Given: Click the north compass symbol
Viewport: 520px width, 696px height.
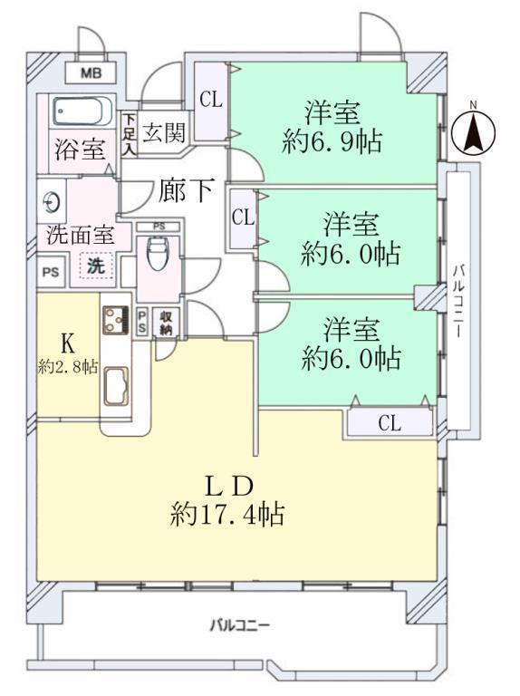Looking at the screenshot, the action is pos(473,130).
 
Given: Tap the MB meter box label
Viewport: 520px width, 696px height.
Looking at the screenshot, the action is pos(91,72).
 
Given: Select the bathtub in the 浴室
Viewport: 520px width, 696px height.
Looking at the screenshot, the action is pos(82,111).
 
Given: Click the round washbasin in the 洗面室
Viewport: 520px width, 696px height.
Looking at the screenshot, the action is pos(51,203).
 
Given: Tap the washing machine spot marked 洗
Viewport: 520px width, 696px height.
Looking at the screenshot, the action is pos(96,266).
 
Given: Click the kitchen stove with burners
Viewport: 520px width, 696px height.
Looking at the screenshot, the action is pos(115,320).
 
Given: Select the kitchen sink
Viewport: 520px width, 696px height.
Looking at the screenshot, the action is pos(116,386).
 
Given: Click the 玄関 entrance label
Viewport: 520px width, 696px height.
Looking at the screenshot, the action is pos(164,132).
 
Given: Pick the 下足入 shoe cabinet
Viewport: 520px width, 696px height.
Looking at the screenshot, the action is pos(130,134).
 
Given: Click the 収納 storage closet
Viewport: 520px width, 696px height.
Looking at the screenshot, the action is pos(167,323).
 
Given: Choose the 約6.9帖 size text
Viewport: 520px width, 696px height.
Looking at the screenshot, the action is pos(332,142).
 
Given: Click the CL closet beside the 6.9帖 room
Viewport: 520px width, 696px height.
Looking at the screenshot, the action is pos(211,101).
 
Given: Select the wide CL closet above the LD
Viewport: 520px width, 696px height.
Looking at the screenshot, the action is pos(390,423).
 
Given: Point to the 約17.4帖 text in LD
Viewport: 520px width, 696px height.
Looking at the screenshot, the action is pos(227,515).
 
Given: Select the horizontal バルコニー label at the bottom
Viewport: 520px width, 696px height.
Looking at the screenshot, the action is pos(239,626).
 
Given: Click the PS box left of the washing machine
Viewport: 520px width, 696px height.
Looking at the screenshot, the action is pos(51,271).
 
